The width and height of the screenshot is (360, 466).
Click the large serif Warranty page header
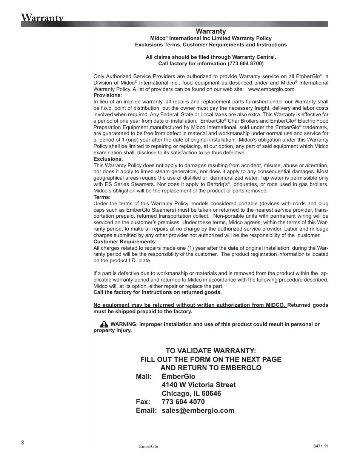[42, 18]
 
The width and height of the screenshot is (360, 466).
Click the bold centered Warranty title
[211, 31]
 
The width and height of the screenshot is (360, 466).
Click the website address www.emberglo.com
[271, 89]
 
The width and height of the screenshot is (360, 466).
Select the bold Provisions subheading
[107, 95]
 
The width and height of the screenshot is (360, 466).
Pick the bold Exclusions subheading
[107, 159]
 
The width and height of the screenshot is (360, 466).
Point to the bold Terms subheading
[101, 197]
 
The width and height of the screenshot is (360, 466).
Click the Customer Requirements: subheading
[125, 241]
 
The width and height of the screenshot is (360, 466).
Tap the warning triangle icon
[104, 324]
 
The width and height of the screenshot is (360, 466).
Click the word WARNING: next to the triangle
[124, 324]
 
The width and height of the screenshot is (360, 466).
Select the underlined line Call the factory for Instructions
[157, 292]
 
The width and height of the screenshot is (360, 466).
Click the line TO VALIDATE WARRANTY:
[211, 351]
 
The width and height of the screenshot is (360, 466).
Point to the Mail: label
[144, 377]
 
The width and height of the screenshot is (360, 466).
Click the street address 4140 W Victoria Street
[198, 385]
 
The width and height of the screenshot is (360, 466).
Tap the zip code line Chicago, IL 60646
[191, 394]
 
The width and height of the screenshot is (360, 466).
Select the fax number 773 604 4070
[183, 402]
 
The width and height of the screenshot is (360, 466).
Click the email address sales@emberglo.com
[198, 411]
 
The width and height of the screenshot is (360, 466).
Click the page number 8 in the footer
[23, 443]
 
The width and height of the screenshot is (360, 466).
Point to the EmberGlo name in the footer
[148, 446]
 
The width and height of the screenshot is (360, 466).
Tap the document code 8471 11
[320, 446]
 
